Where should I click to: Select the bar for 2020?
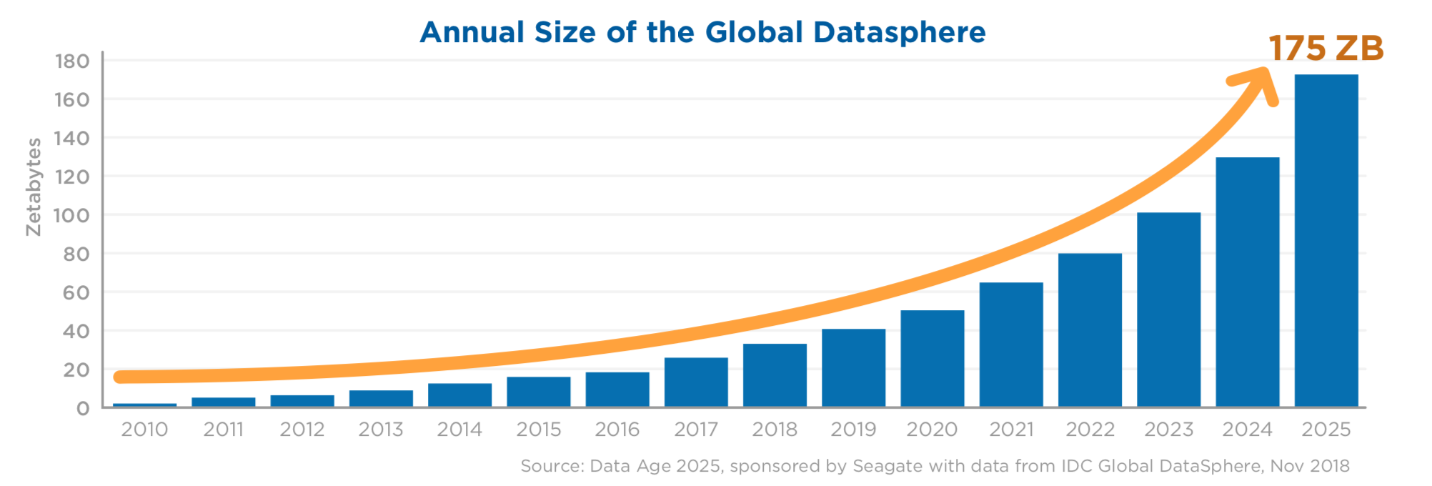(933, 359)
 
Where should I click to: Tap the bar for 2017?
(696, 382)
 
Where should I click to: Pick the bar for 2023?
(1169, 310)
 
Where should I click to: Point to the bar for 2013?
(381, 399)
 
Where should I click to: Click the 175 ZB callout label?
(1326, 49)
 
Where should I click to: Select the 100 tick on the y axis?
(72, 215)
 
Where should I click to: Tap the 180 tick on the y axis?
(72, 61)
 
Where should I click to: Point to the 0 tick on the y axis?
(83, 408)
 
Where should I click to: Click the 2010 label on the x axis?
(144, 430)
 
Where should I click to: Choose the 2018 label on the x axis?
(775, 430)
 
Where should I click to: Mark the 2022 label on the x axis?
(1090, 430)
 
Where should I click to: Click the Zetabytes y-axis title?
(34, 187)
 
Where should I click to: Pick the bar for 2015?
(539, 392)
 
